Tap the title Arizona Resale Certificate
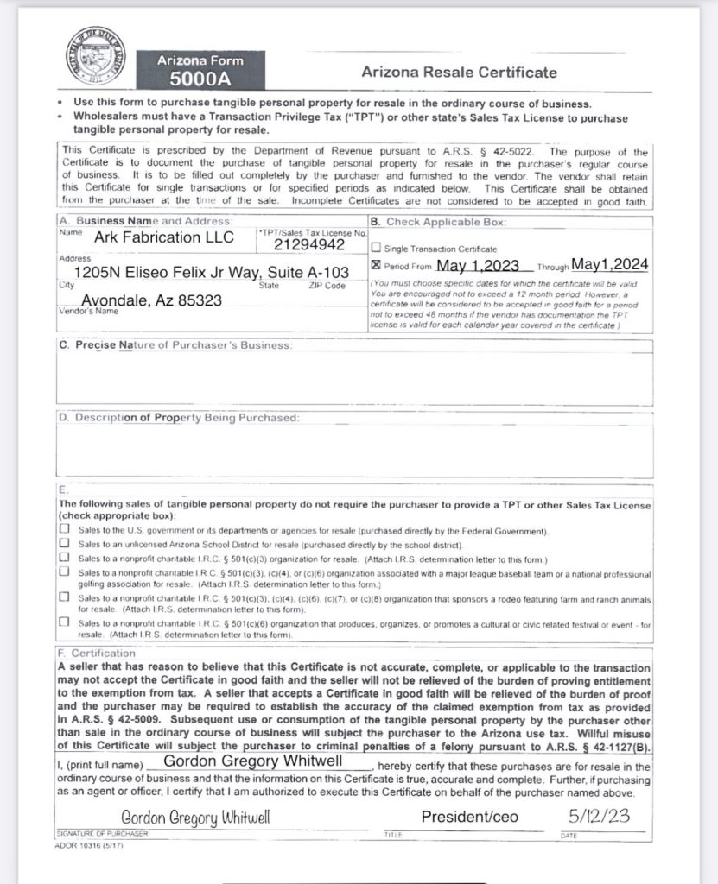pos(459,73)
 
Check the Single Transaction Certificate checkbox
pos(376,249)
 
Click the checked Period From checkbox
pos(376,266)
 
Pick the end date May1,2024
pos(610,265)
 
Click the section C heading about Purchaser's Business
pos(175,345)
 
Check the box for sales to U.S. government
pos(65,530)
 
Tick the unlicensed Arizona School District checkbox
pos(65,545)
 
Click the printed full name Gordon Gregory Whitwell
pos(253,761)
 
